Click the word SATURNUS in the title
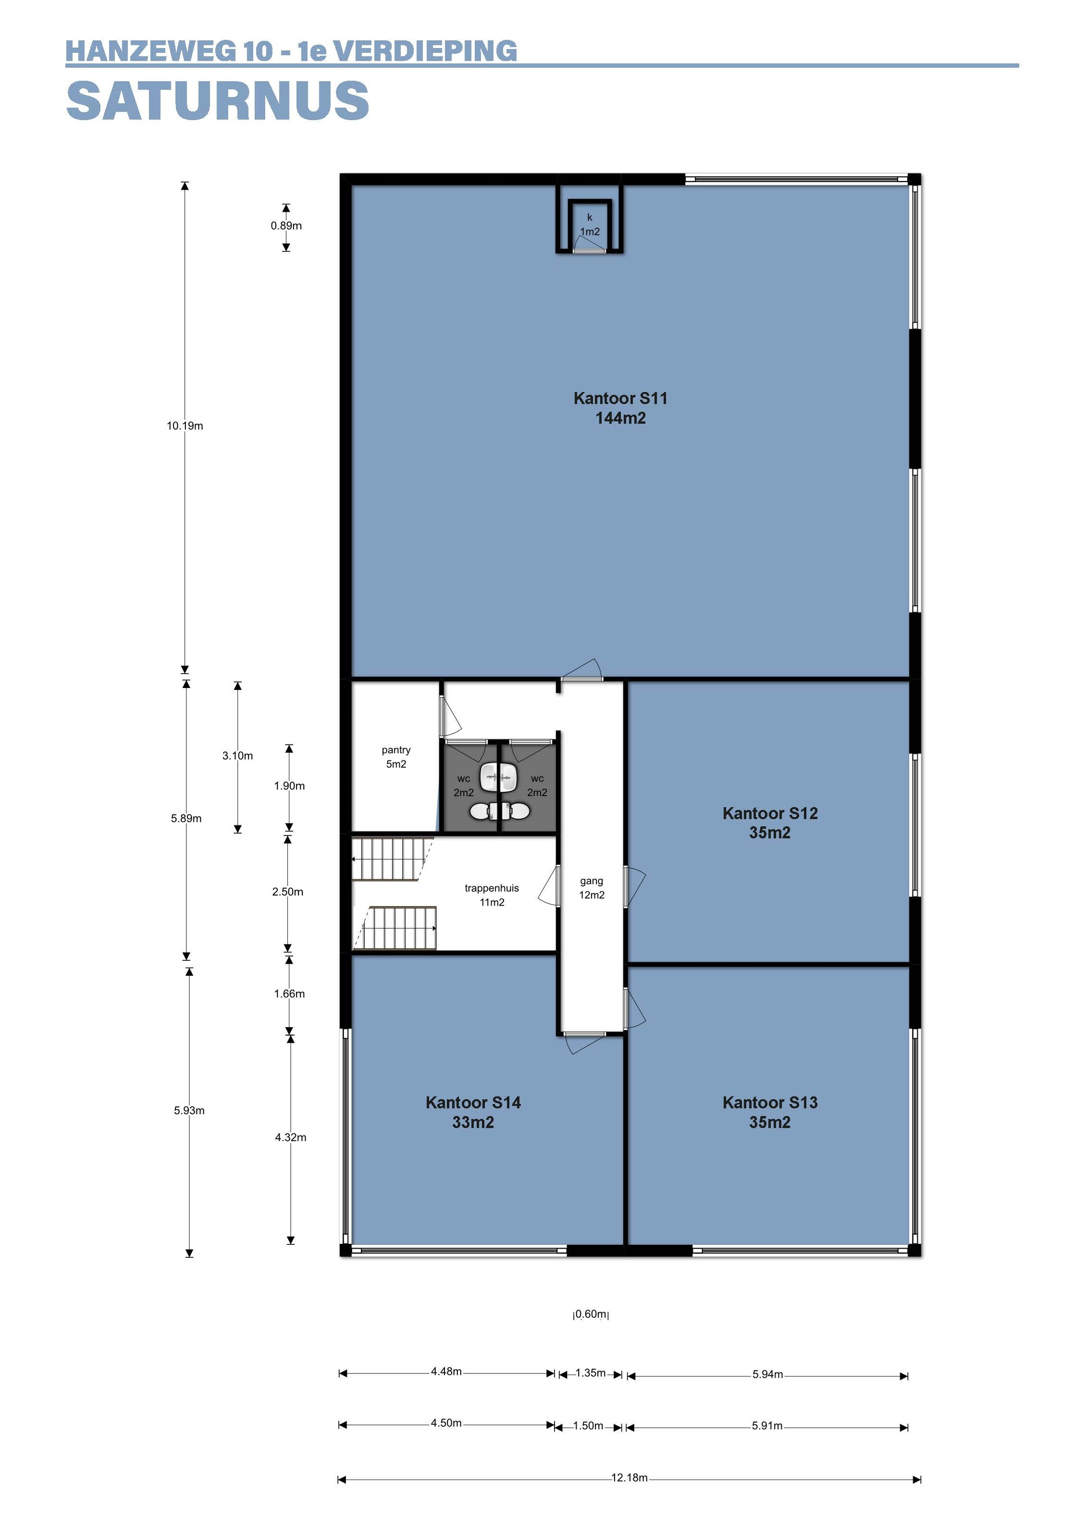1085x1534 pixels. coord(218,101)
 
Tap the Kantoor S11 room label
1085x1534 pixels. coord(621,408)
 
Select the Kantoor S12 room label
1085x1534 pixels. coord(770,823)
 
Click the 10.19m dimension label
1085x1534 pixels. coord(185,426)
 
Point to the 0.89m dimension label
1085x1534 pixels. coord(286,226)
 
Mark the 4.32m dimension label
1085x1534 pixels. coord(291,1137)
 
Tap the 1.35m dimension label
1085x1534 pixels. coord(591,1373)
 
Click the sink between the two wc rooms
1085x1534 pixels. coord(499,774)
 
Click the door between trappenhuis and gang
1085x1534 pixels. coord(550,885)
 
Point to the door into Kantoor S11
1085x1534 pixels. coord(581,670)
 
